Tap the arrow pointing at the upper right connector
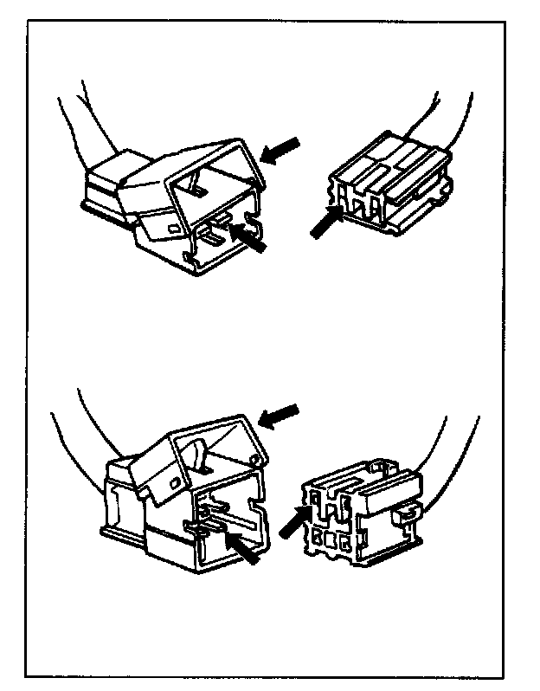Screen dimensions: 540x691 324,223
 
